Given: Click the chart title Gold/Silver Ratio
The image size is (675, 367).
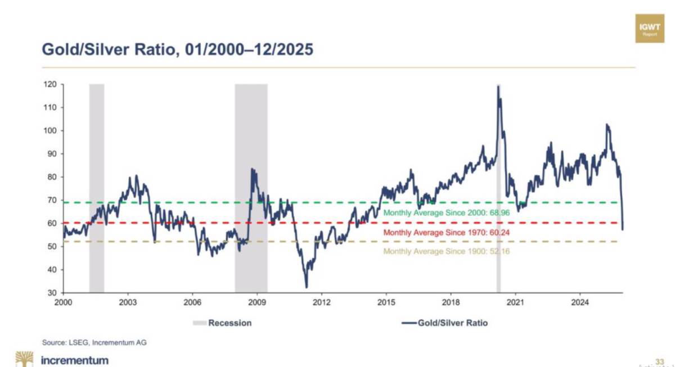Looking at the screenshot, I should pos(178,49).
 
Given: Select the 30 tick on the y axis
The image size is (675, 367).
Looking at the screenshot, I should pos(52,293).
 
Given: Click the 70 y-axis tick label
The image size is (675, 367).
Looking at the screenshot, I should pos(52,200).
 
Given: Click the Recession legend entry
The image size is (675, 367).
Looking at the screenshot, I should pos(222,323).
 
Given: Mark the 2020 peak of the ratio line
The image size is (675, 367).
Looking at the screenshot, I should pos(498,86).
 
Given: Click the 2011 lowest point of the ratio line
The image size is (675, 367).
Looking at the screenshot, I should pos(307,287).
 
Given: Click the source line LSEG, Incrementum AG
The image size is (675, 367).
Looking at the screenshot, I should pos(94,342).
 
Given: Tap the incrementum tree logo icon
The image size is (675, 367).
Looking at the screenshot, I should pos(24,359).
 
